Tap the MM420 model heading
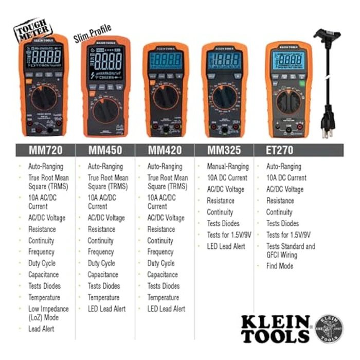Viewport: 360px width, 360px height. [x=165, y=152]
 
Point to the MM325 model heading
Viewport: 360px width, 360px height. [x=224, y=152]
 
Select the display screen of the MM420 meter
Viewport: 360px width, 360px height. [x=165, y=61]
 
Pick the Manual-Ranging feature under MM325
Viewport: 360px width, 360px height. [x=228, y=167]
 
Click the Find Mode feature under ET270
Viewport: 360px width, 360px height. [x=280, y=266]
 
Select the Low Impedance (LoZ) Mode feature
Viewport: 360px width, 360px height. [x=48, y=313]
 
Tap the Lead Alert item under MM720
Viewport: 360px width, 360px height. [x=41, y=329]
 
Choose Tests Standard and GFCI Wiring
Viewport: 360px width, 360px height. [x=290, y=250]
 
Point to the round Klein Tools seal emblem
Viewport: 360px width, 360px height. [x=329, y=329]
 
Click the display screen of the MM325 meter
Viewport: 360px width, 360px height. [x=224, y=61]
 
